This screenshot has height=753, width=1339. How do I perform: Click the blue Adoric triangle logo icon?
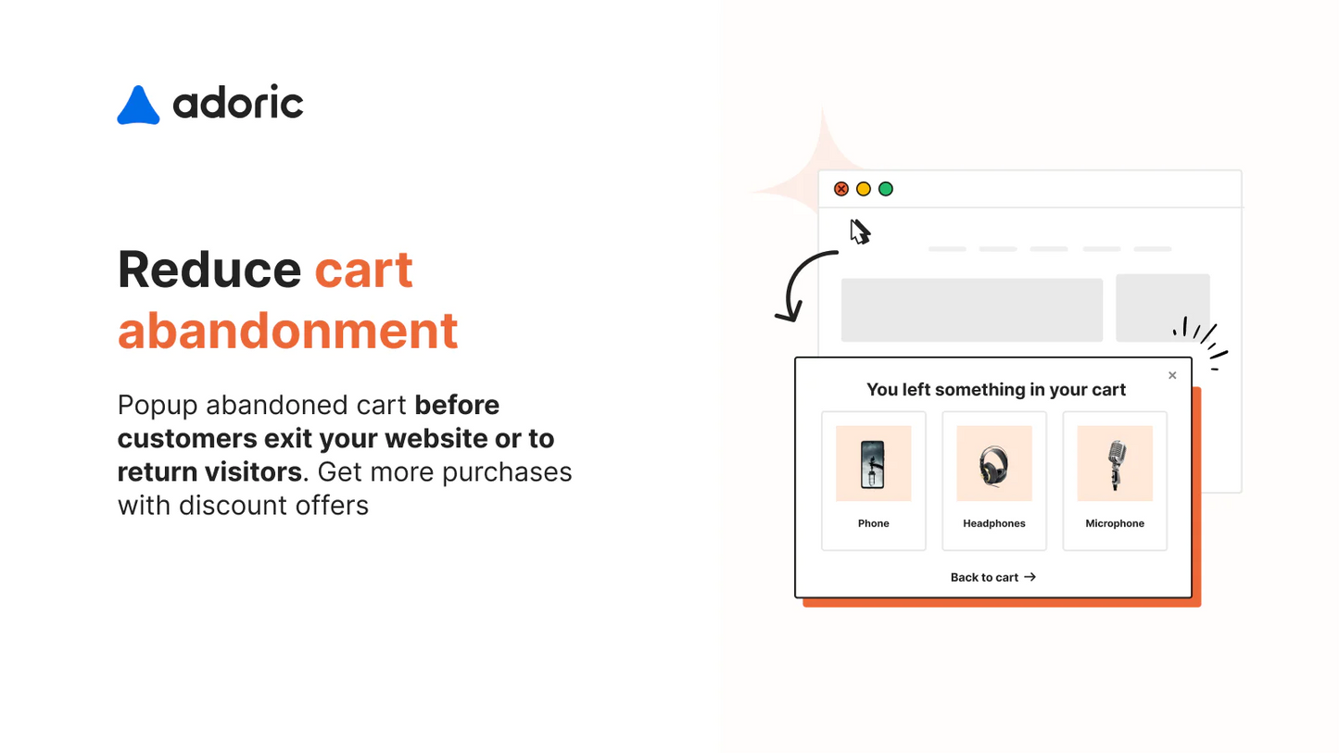coord(138,107)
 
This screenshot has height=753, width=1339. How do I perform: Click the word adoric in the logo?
coord(238,103)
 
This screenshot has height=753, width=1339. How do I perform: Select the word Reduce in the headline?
coord(209,270)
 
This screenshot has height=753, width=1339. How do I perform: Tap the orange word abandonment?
coord(287,330)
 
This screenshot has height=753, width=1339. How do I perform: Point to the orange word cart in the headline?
coord(363,270)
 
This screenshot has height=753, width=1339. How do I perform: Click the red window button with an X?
coord(841,189)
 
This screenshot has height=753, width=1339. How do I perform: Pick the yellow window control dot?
coord(864,189)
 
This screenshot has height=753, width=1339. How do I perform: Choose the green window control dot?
coord(886,189)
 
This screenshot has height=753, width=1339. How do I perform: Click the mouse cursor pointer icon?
coord(860,232)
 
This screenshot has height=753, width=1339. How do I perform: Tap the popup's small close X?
coord(1172,375)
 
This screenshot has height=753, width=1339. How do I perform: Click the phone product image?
coord(873,463)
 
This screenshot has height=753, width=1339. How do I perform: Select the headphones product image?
coord(993,463)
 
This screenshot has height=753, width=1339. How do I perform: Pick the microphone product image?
coord(1115,463)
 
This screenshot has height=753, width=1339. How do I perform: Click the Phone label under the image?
coord(873,523)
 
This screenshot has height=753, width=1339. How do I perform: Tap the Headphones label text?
coord(993,523)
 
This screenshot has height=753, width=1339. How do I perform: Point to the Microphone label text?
coord(1115,523)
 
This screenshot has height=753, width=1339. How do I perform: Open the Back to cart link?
coord(992,577)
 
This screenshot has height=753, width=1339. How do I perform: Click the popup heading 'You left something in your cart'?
coord(996,390)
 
